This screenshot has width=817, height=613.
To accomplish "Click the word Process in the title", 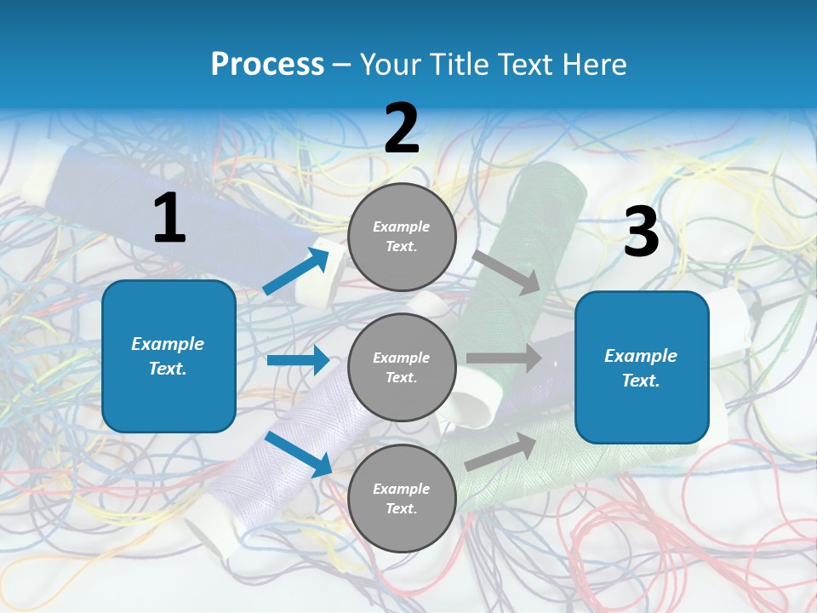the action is coord(267,64).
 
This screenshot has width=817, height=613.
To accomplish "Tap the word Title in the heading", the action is coord(460,64).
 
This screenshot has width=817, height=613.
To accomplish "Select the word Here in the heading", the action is coord(593,64).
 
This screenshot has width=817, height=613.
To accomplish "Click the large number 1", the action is coord(169,217).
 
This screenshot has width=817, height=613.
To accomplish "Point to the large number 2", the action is coord(402,128).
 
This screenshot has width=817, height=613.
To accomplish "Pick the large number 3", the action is coord(642,230).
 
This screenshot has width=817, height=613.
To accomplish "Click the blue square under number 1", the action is coord(169,356).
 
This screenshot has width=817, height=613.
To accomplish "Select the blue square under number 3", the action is coord(642,368).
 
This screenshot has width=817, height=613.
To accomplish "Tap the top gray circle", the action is coord(402,237).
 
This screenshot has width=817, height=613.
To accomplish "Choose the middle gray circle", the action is coord(402,368).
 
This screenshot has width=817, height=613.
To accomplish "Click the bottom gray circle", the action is coord(402,498).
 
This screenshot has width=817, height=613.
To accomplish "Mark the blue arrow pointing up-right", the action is coord(296,270).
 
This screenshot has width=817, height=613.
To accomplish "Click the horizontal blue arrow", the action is coord(298,359).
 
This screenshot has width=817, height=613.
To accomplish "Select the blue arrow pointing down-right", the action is coord(299,454).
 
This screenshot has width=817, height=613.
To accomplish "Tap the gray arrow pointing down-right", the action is coord(506,272).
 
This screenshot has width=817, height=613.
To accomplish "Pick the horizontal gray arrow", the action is coord(504,358).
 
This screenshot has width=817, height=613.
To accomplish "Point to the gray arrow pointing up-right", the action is coord(500,452).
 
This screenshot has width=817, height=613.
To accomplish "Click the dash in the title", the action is coord(342,66).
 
